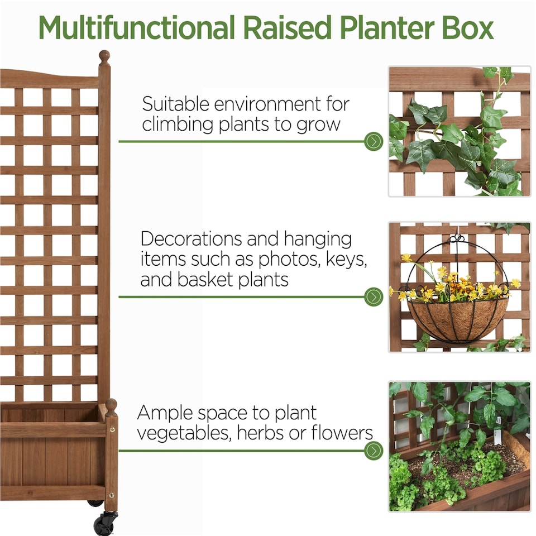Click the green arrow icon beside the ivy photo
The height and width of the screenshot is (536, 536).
[x=374, y=141]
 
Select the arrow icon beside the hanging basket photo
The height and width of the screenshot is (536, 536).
[x=374, y=296]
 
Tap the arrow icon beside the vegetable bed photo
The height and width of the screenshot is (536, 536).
[x=374, y=450]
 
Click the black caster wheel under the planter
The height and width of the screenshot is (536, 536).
[x=103, y=525]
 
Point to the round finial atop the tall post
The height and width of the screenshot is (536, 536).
[x=104, y=56]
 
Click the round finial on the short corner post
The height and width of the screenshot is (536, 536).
[x=111, y=404]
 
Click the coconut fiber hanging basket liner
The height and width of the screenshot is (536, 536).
[x=457, y=319]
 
